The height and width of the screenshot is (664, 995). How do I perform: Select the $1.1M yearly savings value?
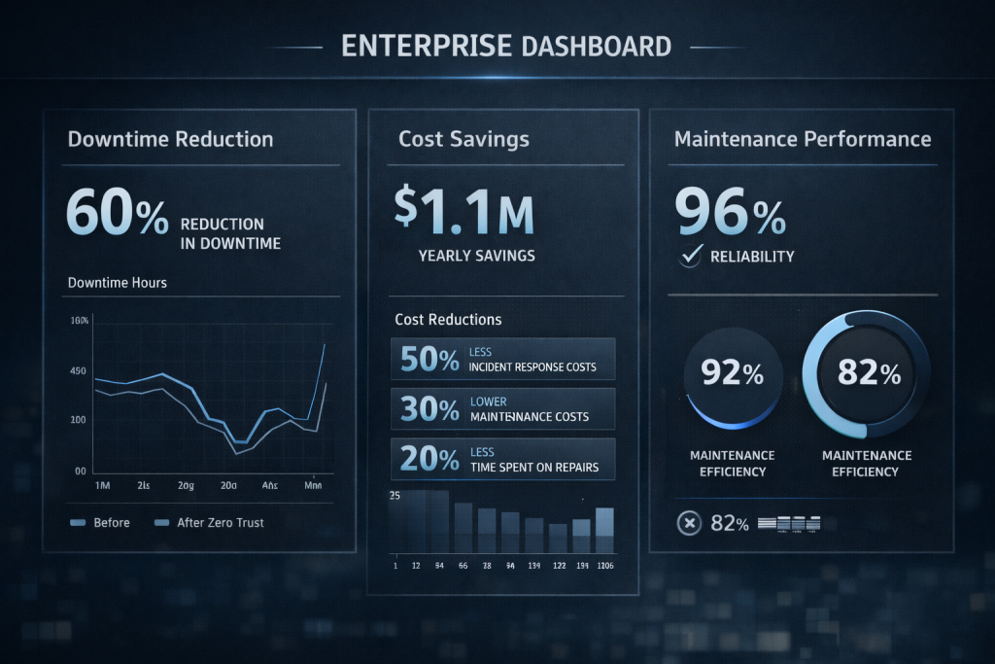pyautogui.click(x=464, y=211)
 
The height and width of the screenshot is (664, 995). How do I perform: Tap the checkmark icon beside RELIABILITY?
pyautogui.click(x=692, y=256)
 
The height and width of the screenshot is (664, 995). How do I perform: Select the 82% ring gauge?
pyautogui.click(x=866, y=374)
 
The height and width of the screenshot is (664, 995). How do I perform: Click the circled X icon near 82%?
pyautogui.click(x=688, y=523)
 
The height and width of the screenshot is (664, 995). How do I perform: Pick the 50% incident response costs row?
pyautogui.click(x=502, y=359)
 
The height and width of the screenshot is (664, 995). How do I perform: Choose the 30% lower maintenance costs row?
pyautogui.click(x=502, y=408)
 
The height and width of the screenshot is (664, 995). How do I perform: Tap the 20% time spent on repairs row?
pyautogui.click(x=502, y=459)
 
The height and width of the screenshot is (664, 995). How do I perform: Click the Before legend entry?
pyautogui.click(x=101, y=522)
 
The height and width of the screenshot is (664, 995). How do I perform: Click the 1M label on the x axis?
pyautogui.click(x=100, y=484)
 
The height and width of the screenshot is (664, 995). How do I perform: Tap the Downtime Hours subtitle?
pyautogui.click(x=117, y=283)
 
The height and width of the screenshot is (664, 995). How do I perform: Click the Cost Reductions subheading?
pyautogui.click(x=448, y=319)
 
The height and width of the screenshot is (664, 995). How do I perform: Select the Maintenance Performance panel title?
pyautogui.click(x=802, y=139)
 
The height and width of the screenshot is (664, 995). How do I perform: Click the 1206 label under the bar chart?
pyautogui.click(x=604, y=566)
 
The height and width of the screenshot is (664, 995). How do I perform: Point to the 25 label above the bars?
pyautogui.click(x=395, y=496)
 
